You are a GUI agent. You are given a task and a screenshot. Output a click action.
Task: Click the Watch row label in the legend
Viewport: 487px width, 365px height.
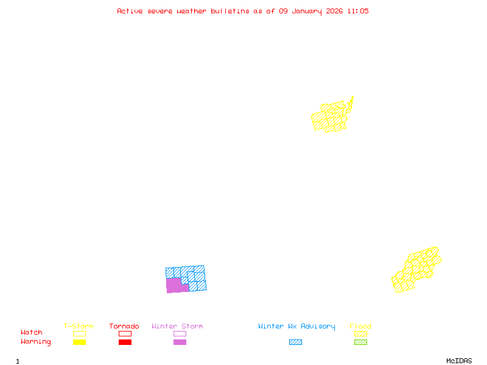click(32, 333)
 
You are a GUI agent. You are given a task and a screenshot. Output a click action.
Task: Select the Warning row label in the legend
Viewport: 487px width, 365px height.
click(36, 342)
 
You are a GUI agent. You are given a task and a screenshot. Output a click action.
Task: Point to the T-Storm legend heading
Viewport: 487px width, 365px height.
click(79, 327)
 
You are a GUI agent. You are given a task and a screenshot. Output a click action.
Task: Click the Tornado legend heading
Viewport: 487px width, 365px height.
click(124, 327)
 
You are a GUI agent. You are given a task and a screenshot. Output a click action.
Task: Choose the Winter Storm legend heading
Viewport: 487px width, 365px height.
click(177, 327)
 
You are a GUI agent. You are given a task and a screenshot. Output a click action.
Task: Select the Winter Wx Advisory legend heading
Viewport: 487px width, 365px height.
click(296, 327)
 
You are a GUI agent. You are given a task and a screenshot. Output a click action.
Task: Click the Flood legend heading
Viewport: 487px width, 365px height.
click(360, 327)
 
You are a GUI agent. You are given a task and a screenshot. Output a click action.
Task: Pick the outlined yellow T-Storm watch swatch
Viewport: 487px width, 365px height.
click(79, 333)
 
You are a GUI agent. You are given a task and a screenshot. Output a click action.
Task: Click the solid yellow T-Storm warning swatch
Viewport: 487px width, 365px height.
click(79, 342)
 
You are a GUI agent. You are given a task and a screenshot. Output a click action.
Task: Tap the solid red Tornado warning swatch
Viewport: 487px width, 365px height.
click(125, 342)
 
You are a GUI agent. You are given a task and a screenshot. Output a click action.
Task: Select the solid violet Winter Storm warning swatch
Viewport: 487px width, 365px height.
click(180, 342)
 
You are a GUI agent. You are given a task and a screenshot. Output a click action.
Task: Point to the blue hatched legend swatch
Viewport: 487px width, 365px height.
click(295, 342)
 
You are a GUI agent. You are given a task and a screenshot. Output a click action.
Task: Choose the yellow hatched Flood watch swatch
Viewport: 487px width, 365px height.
click(360, 333)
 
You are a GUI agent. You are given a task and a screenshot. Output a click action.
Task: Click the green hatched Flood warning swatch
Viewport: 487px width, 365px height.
click(360, 342)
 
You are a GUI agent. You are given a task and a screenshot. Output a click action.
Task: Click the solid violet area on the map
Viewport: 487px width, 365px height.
click(174, 285)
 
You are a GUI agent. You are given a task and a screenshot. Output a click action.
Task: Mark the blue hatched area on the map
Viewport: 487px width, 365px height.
click(197, 277)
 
